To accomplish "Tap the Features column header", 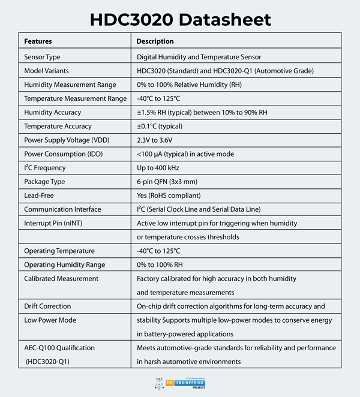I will coord(38,41).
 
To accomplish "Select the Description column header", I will coord(155,41).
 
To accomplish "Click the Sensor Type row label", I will coord(42,57).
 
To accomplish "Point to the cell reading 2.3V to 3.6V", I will coord(158,140).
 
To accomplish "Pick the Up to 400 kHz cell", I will coord(160,168).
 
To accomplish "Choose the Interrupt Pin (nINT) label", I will coord(54,223).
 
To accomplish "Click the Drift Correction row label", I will coord(48,306).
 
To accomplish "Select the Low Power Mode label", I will coord(50,320).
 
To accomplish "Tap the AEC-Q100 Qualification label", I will coord(59,348).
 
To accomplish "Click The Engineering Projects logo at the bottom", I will coord(180,382).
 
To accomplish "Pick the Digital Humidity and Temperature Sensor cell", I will coord(199,57).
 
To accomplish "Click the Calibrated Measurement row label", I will coord(61,278).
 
